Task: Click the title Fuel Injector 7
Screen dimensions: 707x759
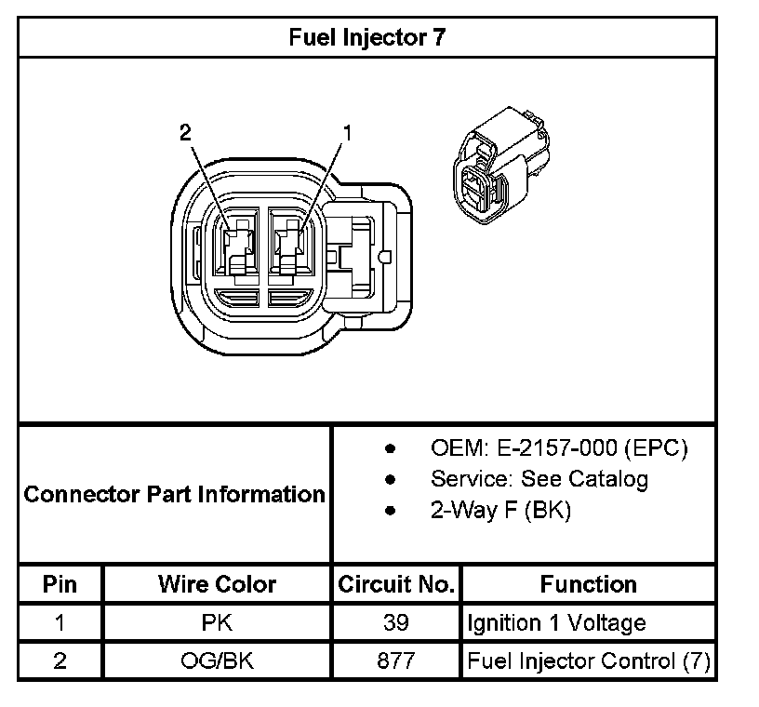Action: (x=367, y=38)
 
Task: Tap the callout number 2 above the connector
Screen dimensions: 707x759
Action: (x=185, y=133)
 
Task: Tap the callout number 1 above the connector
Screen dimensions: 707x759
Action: (x=348, y=133)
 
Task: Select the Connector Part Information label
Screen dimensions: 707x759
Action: (x=174, y=494)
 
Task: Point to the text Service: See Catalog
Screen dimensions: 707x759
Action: (x=539, y=479)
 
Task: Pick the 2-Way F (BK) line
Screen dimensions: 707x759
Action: (x=500, y=510)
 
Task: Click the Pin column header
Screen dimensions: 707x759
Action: (x=60, y=584)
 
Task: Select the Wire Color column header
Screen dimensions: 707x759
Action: (x=217, y=584)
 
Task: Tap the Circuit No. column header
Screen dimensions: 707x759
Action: (x=396, y=584)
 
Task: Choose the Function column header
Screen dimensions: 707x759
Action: (x=588, y=584)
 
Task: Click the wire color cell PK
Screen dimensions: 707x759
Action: (x=217, y=622)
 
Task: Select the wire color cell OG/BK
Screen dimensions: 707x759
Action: (x=217, y=661)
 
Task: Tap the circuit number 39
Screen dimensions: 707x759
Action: (x=396, y=622)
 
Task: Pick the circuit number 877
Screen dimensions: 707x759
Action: (x=396, y=661)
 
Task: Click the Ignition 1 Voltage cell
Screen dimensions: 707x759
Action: (x=556, y=622)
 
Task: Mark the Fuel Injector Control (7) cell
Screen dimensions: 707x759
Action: (x=589, y=661)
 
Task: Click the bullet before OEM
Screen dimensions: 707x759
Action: (x=391, y=449)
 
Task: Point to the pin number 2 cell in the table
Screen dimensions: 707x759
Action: (x=60, y=661)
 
